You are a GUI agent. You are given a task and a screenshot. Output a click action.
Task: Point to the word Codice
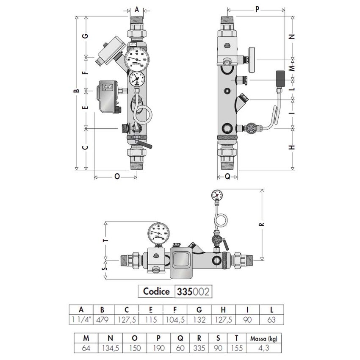point(156,291)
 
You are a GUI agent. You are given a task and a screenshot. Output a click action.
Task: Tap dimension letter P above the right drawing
point(257,9)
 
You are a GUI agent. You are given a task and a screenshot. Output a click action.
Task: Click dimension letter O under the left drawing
point(117,176)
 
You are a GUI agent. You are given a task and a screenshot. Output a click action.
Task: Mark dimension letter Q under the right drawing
point(227,176)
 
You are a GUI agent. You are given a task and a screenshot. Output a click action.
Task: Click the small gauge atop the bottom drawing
point(216,195)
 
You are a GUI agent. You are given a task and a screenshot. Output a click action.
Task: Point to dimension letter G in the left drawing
point(86,36)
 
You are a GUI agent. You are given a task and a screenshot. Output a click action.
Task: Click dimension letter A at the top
point(136,9)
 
